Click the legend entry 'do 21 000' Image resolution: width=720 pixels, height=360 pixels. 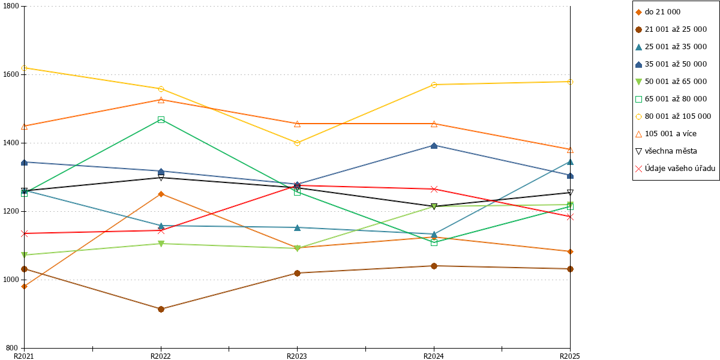pos(658,12)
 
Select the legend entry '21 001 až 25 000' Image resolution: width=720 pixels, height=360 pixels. pos(671,29)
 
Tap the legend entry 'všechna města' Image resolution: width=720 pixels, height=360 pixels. pos(667,151)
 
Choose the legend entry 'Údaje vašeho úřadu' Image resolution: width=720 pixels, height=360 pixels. pos(676,169)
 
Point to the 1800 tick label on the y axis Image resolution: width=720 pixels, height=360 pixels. pos(11,6)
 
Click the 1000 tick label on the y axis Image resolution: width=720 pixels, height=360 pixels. pos(11,280)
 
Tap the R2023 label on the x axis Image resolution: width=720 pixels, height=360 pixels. pos(297,356)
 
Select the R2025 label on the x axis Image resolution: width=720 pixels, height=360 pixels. pos(570,356)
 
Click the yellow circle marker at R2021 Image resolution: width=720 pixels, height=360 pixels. pos(24,68)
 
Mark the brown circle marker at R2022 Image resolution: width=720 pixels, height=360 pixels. pos(161,309)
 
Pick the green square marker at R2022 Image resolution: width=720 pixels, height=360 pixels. pos(161,120)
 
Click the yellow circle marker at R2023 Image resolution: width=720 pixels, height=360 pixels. pos(297,143)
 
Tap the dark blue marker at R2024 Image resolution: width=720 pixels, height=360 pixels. pos(434,146)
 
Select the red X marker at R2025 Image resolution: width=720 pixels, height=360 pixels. pos(570,217)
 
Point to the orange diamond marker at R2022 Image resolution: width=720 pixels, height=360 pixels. pos(161,194)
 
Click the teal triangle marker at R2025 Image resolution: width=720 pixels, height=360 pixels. pos(570,162)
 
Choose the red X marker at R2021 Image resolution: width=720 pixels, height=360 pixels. pos(24,233)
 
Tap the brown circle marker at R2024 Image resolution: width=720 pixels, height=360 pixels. pos(434,266)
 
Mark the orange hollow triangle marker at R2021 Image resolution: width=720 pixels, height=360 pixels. pos(24,127)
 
